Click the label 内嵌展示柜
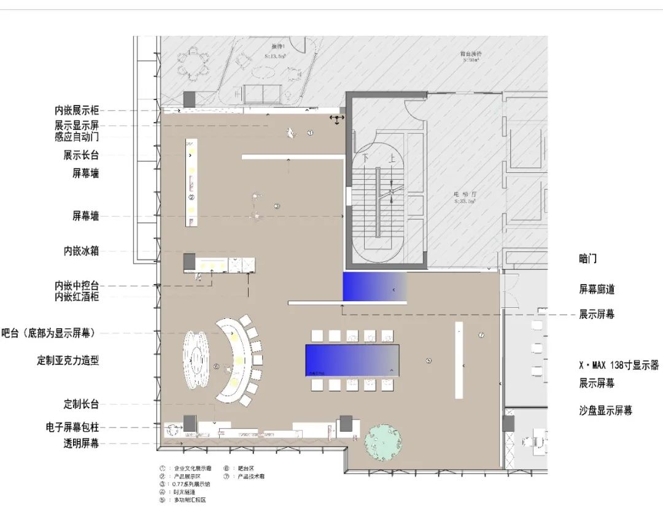point(76,111)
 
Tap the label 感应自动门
point(76,137)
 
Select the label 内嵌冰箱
point(81,251)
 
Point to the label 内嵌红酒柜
point(76,297)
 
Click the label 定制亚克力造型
point(68,361)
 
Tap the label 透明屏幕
point(81,443)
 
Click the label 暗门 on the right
point(587,259)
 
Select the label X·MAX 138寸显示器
point(618,365)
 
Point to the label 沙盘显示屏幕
point(605,410)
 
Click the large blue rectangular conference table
point(352,359)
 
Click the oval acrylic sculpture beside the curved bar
point(197,358)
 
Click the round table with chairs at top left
point(192,61)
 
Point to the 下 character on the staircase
point(366,157)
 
